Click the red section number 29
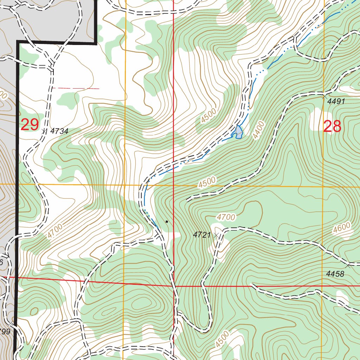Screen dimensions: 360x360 coord(30,125)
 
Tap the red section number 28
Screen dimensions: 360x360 coord(332,126)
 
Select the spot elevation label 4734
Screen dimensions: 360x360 coord(59,131)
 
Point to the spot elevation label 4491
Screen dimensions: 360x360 coord(336,102)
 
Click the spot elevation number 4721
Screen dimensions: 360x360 coord(202,235)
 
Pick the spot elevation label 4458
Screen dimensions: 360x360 coord(335,274)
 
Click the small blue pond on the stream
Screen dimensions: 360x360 coord(239,132)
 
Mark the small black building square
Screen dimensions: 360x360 coord(167,221)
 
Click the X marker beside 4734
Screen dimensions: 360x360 coord(44,131)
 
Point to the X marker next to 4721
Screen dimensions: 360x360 coord(217,234)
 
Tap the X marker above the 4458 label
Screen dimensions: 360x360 coord(348,265)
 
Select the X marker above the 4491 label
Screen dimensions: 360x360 coord(324,96)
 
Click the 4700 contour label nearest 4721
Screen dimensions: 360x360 coord(226,217)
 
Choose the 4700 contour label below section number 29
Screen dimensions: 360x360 coord(55,231)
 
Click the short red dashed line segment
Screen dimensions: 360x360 coord(76,88)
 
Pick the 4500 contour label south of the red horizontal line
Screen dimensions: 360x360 coord(222,339)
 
